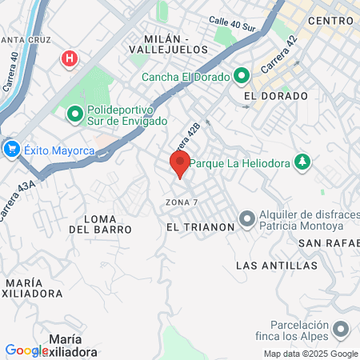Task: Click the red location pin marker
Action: pos(179,165)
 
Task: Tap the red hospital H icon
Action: pos(70,58)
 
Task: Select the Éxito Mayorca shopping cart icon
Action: pos(11,149)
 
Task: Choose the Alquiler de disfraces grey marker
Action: pos(247,218)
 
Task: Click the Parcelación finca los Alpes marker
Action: pos(342,329)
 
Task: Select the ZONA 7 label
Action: pos(182,201)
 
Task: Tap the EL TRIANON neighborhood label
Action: pos(201,227)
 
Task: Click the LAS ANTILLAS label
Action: pos(278,265)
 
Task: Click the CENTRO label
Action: pos(330,20)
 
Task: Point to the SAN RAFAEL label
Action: pos(330,242)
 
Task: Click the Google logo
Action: pos(26,350)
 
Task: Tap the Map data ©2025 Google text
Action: pos(311,354)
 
